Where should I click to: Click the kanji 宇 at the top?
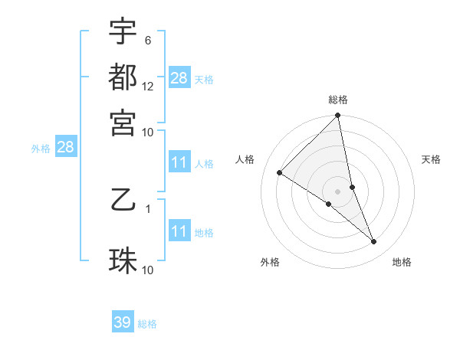coord(123,31)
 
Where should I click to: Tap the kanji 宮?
coord(123,121)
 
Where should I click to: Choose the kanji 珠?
coord(123,260)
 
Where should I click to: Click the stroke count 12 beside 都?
coord(148,86)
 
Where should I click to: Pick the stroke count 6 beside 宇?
coord(147,40)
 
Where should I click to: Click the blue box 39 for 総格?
coord(123,322)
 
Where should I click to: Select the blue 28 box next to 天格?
coord(179,78)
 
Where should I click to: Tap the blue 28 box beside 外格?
coord(64,148)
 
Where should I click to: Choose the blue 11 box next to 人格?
coord(179,162)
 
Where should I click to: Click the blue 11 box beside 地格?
coord(179,231)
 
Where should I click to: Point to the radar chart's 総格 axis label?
coord(338,100)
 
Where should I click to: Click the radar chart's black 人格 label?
coord(245,159)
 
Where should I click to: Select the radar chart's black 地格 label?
coord(402,262)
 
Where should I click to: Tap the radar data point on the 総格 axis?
coord(338,116)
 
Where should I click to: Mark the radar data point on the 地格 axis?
coord(374,242)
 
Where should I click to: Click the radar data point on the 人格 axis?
coord(279,172)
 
